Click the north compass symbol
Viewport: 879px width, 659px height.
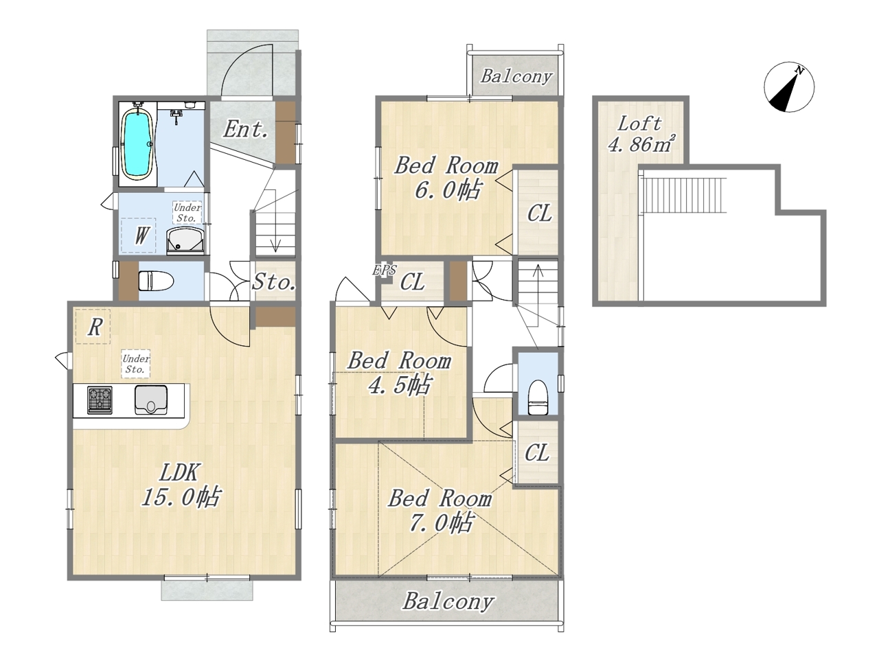pyautogui.click(x=789, y=86)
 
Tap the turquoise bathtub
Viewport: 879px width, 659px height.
pyautogui.click(x=137, y=143)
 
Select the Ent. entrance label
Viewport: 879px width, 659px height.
pyautogui.click(x=245, y=129)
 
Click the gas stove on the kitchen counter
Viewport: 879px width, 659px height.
pyautogui.click(x=100, y=400)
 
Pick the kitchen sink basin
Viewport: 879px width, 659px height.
pyautogui.click(x=151, y=400)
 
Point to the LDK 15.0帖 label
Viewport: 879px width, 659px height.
pyautogui.click(x=180, y=485)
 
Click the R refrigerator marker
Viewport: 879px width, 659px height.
pyautogui.click(x=95, y=327)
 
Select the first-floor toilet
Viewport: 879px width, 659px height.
pyautogui.click(x=156, y=281)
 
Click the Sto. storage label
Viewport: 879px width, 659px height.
pyautogui.click(x=274, y=282)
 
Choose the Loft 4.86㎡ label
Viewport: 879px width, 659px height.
pyautogui.click(x=639, y=135)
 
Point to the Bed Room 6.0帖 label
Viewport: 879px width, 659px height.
pyautogui.click(x=446, y=178)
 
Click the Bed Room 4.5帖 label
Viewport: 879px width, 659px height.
pyautogui.click(x=399, y=373)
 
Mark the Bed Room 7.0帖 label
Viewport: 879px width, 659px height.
pyautogui.click(x=440, y=511)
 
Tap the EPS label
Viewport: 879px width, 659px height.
pyautogui.click(x=385, y=270)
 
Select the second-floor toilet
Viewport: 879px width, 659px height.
pyautogui.click(x=538, y=397)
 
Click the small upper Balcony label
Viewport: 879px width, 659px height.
pyautogui.click(x=516, y=76)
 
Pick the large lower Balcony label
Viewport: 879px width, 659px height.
pyautogui.click(x=448, y=601)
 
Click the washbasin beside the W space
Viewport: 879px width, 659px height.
pyautogui.click(x=186, y=241)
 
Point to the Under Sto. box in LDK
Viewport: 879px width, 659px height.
pyautogui.click(x=136, y=364)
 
